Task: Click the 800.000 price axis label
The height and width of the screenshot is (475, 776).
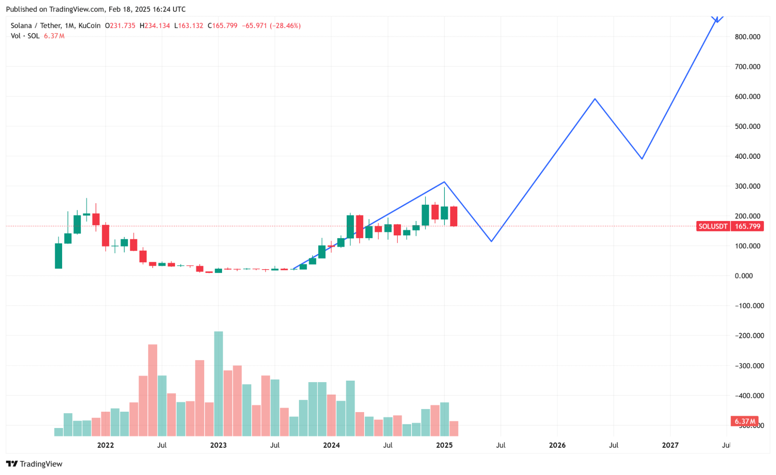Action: click(747, 37)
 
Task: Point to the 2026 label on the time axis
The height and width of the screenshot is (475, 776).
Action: click(557, 445)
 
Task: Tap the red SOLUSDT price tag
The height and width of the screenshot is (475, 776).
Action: click(713, 226)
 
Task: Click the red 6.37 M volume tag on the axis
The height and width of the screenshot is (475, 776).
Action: click(744, 421)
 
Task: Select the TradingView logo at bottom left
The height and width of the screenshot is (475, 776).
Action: click(34, 464)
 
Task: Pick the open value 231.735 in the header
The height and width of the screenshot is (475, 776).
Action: click(122, 26)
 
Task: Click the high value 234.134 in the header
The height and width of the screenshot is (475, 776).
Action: click(157, 26)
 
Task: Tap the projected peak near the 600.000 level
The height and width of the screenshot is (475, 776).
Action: click(595, 99)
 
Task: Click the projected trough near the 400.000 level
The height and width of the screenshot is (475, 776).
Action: click(642, 158)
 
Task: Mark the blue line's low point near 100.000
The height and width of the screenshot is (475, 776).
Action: click(491, 241)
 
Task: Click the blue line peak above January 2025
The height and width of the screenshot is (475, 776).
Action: click(444, 182)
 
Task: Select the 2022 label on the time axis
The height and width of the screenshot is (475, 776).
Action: click(105, 445)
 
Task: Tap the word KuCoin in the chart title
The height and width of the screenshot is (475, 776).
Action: click(89, 26)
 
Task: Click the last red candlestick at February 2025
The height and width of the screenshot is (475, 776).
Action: click(453, 216)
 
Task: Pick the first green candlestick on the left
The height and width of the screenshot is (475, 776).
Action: click(58, 256)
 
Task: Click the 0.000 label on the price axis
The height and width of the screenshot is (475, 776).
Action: click(743, 276)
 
